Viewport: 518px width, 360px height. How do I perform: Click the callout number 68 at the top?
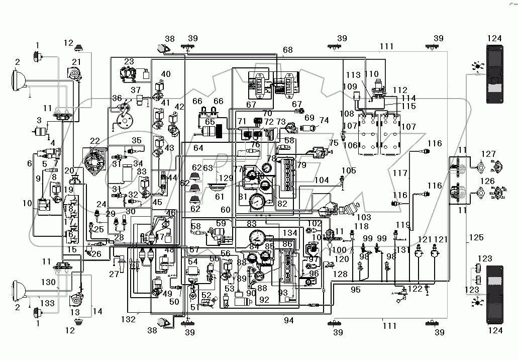click(x=287, y=50)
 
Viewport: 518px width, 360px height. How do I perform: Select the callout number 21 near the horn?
click(x=76, y=62)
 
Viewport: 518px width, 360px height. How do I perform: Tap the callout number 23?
click(x=129, y=62)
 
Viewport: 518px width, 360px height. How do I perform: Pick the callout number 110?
click(x=372, y=74)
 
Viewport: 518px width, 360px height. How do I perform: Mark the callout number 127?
click(x=488, y=154)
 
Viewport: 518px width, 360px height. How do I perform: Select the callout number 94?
click(x=288, y=320)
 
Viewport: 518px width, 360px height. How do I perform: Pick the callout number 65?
click(x=210, y=122)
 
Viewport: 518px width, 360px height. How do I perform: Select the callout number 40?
click(x=166, y=74)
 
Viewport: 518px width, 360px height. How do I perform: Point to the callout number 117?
click(x=400, y=173)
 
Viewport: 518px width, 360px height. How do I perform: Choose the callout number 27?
click(x=115, y=274)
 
